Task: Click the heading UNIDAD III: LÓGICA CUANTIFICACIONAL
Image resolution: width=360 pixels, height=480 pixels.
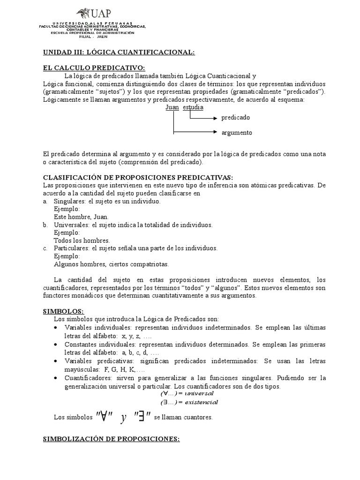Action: tap(119, 52)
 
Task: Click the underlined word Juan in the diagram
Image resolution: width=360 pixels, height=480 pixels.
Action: tap(172, 108)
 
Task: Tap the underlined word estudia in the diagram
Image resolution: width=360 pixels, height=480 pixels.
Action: tap(193, 108)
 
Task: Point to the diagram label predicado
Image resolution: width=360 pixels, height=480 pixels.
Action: tap(236, 118)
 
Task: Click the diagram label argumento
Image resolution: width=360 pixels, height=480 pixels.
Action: tap(237, 133)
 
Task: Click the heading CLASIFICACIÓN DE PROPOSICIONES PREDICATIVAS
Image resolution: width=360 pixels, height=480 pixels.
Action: tap(138, 177)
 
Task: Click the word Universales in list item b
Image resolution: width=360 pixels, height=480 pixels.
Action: tap(72, 225)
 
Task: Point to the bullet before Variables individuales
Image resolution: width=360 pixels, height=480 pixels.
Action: tap(56, 327)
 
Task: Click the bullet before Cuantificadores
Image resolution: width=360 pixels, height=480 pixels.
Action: tap(56, 378)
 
